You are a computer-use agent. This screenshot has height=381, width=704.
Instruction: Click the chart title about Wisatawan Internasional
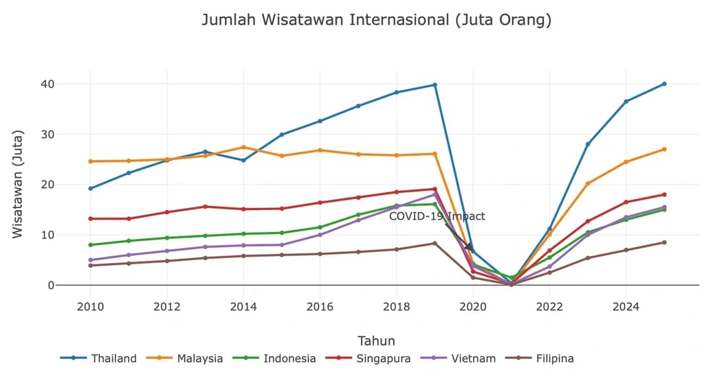tap(376, 20)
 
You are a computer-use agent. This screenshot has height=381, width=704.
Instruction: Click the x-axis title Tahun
tap(376, 340)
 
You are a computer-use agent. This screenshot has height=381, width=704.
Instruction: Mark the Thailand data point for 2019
tap(434, 85)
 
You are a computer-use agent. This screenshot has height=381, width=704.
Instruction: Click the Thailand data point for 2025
tap(664, 84)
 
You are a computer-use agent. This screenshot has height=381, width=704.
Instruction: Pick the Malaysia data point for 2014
tap(243, 147)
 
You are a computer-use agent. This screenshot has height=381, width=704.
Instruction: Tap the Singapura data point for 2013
tap(205, 207)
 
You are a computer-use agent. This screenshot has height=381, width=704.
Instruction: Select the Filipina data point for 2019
tap(434, 243)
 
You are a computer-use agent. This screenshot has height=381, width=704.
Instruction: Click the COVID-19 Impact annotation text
tap(437, 216)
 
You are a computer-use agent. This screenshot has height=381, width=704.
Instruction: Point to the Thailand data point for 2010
tap(90, 188)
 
